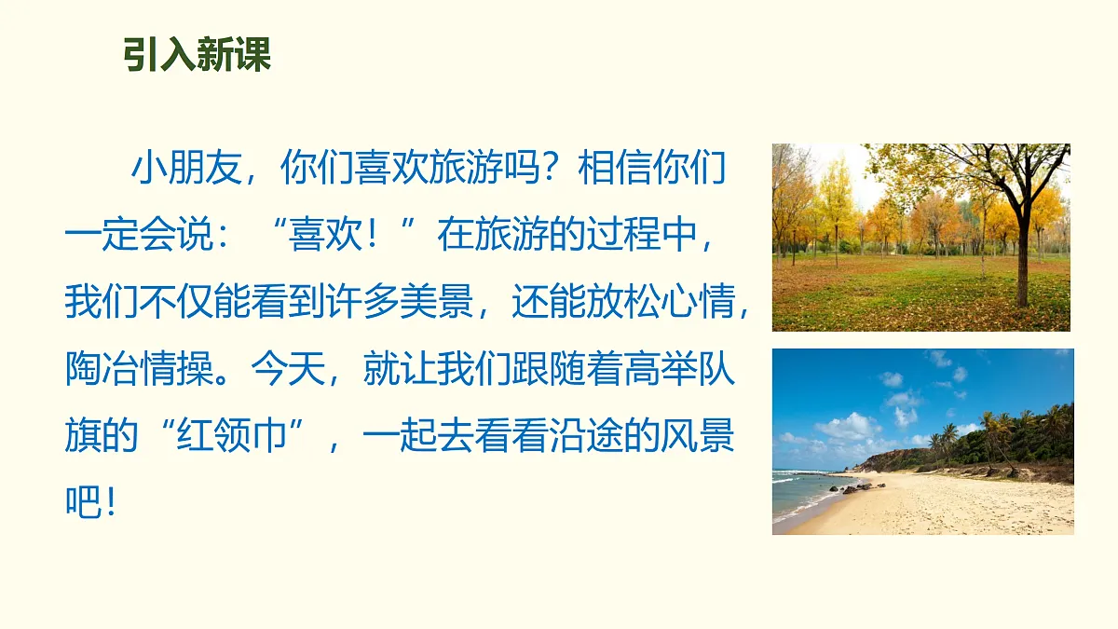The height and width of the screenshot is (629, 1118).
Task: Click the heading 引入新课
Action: coord(197,56)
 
